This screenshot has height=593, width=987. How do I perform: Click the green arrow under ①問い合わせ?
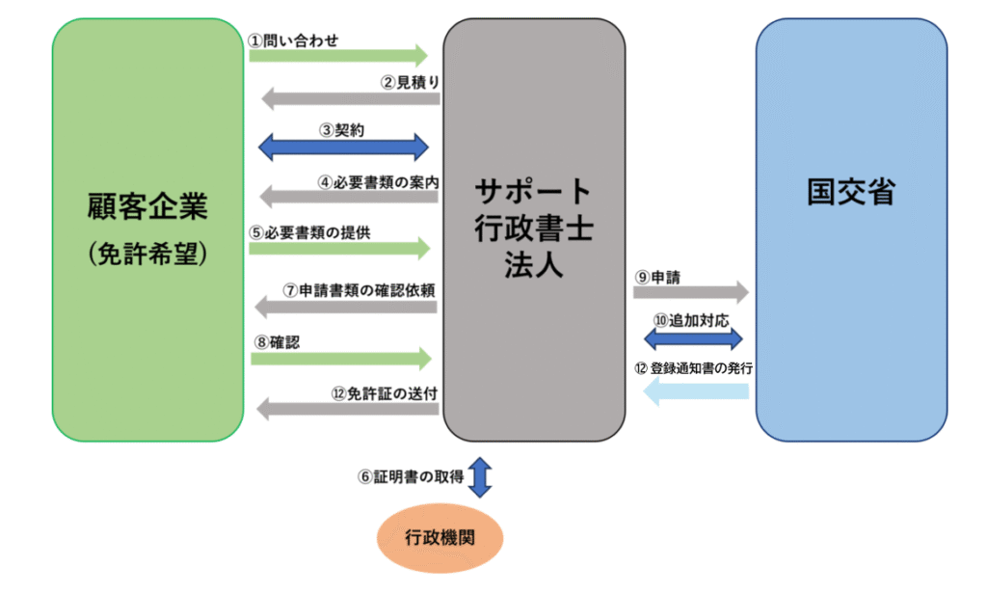[x=337, y=54]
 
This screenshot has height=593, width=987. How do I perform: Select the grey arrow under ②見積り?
[x=351, y=97]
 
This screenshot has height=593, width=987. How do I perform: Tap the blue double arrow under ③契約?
[x=344, y=147]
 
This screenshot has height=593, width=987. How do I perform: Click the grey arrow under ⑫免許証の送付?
[x=347, y=409]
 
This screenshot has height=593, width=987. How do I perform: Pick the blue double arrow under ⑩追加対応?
[x=693, y=338]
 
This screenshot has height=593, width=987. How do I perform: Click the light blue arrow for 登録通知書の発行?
[x=695, y=391]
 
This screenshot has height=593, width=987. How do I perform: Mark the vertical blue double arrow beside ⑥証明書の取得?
[x=480, y=477]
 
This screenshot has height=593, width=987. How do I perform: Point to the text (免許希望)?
[x=147, y=252]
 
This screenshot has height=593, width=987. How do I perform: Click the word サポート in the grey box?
[x=533, y=191]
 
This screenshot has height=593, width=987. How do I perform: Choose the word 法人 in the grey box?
[x=533, y=265]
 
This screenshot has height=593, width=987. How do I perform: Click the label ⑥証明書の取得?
[x=412, y=476]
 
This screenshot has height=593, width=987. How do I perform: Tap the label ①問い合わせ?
[x=293, y=40]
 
